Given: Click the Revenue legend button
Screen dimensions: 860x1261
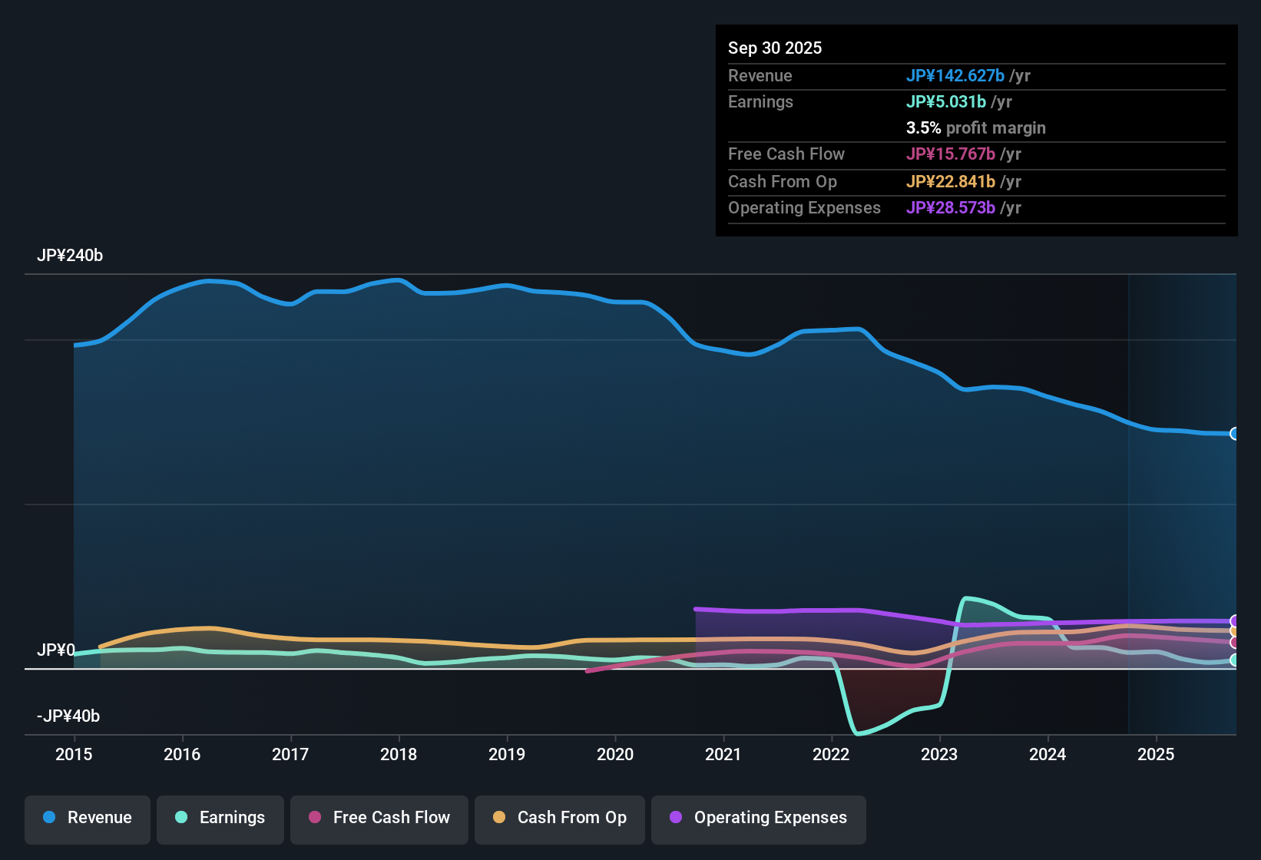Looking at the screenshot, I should click(x=88, y=818).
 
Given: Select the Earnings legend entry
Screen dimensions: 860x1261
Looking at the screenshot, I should click(x=220, y=818).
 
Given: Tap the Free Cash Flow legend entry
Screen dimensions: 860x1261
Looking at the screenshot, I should click(x=379, y=818).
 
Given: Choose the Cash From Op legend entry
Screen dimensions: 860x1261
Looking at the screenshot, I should click(x=560, y=818).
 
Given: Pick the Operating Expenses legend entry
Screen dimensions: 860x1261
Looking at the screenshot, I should click(x=759, y=818).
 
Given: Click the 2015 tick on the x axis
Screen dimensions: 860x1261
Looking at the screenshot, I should click(x=74, y=754).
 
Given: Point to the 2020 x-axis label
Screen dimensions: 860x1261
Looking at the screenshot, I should click(x=615, y=754).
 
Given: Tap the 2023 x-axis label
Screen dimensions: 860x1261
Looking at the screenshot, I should click(x=939, y=754).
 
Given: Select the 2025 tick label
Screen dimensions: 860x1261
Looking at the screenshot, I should click(x=1156, y=754).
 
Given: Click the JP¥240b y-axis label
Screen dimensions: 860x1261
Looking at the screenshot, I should click(x=70, y=256).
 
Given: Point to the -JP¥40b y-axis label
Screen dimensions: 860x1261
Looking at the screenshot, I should click(x=68, y=716).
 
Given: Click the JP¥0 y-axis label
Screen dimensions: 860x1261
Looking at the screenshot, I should click(x=55, y=650).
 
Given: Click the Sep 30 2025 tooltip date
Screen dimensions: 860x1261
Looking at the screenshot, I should click(x=775, y=48).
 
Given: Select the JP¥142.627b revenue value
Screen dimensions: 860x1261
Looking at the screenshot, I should click(x=955, y=75).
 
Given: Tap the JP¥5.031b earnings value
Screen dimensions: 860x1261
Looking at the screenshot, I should click(x=945, y=101).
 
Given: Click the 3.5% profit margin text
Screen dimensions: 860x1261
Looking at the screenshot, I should click(x=975, y=128).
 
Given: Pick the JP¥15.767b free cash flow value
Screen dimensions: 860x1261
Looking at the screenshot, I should click(x=950, y=154).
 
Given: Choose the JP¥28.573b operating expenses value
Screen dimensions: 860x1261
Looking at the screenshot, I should click(x=950, y=208).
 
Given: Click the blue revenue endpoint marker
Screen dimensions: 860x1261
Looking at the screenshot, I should click(x=1234, y=434).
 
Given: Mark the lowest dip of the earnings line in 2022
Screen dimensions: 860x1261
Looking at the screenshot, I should click(x=858, y=733).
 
